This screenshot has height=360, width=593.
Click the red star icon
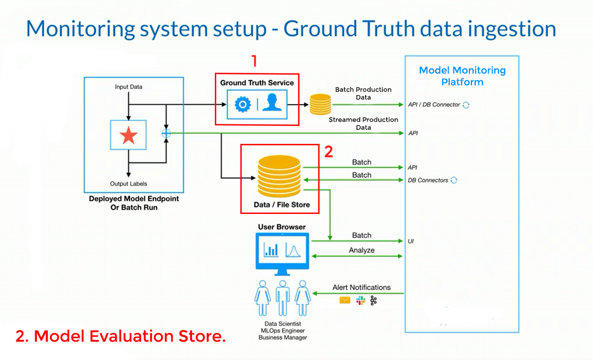129,135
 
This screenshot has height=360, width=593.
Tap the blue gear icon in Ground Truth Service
243,105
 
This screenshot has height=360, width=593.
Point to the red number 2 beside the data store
328,152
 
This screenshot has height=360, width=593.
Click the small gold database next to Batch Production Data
320,104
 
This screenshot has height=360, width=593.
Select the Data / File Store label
282,205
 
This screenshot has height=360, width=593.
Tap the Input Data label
129,87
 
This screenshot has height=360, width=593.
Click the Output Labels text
129,184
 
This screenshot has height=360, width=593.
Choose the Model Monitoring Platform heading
462,76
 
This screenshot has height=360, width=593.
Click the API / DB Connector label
434,105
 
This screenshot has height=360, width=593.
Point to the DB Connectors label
428,180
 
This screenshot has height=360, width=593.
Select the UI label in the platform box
411,241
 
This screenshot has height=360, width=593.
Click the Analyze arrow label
361,250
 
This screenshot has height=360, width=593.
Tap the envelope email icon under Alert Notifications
345,300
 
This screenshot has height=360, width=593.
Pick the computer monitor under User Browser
282,250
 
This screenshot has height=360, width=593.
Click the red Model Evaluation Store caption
120,336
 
